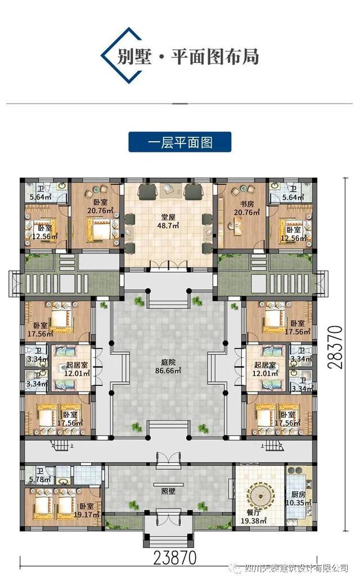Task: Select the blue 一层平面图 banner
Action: coord(179,142)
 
